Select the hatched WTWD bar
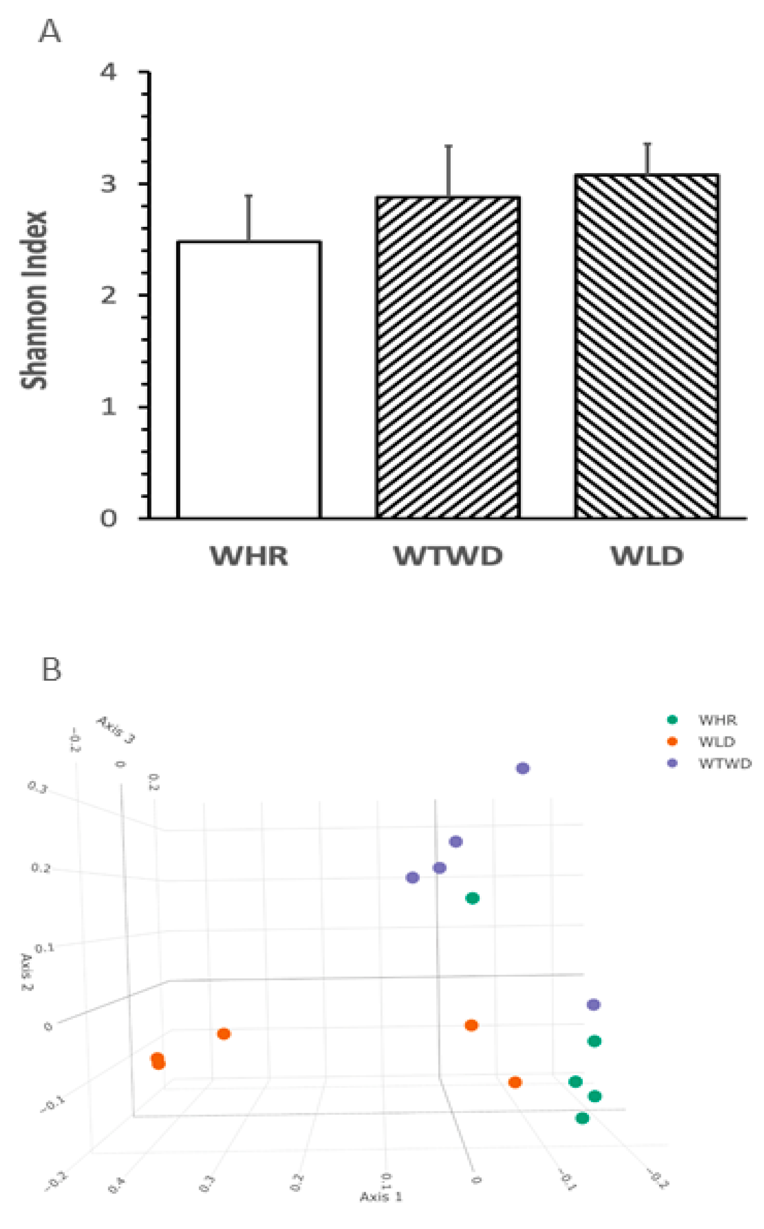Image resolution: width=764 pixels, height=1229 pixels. coord(448,357)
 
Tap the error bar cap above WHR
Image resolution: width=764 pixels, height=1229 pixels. coord(248,196)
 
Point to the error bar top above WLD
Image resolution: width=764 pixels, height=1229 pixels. coord(647,144)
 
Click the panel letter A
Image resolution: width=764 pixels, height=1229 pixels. coord(50,31)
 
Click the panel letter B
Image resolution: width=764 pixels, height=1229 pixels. coord(51,670)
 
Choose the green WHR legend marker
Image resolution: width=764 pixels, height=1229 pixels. coord(672,719)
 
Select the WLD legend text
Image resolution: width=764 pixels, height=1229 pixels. coord(717,742)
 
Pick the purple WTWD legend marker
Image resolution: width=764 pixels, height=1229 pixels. coord(672,763)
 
